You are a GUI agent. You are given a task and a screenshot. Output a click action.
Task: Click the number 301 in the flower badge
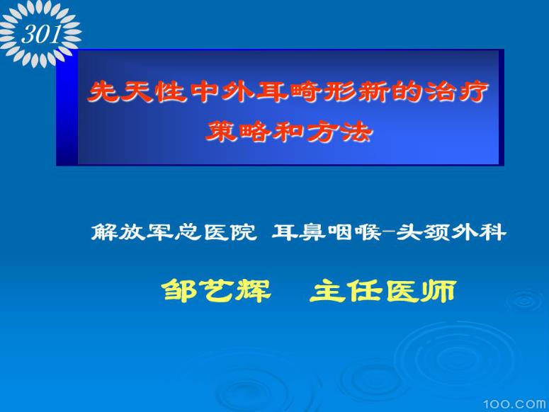(x=40, y=33)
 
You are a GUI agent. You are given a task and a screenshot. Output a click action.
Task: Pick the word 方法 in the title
(x=344, y=132)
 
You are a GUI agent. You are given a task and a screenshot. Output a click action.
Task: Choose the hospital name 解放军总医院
(x=174, y=231)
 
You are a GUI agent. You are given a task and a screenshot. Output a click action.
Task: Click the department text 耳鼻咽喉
(x=325, y=231)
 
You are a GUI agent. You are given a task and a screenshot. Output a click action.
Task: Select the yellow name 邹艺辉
(x=217, y=290)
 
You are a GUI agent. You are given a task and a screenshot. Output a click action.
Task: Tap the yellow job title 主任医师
(x=383, y=290)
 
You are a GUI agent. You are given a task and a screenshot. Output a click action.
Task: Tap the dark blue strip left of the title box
(x=67, y=108)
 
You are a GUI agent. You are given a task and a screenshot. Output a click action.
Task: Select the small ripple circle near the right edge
(x=525, y=301)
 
